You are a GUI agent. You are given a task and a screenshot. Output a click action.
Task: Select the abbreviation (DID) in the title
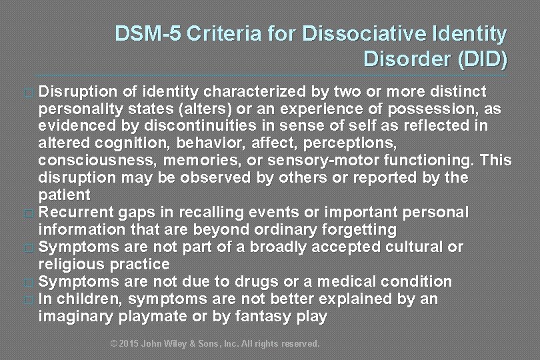point(482,59)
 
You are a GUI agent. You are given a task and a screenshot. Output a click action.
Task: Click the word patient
point(65,195)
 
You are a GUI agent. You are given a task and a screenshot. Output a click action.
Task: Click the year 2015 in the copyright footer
point(131,344)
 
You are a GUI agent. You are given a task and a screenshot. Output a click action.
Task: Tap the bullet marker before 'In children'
point(27,300)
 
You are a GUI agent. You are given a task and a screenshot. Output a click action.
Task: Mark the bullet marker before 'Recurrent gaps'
point(27,213)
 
